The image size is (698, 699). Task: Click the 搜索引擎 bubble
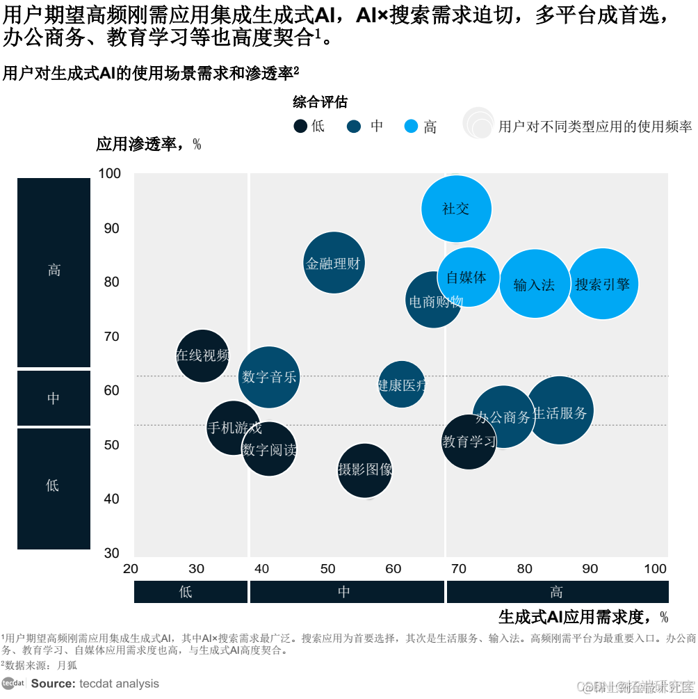tap(603, 284)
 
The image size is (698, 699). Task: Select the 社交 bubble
tap(457, 209)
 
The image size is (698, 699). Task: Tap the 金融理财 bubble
tap(334, 263)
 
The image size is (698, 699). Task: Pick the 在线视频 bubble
tap(202, 356)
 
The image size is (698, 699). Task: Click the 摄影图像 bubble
tap(365, 470)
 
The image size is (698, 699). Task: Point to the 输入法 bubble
tap(534, 284)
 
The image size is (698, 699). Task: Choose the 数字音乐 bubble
tap(269, 377)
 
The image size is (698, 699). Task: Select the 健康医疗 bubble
tap(402, 384)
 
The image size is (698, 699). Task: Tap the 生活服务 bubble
tap(560, 411)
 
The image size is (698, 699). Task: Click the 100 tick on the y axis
tap(110, 173)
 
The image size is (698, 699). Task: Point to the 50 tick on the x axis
tap(327, 569)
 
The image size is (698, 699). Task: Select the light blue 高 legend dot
tap(411, 126)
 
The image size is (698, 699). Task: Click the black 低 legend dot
tap(300, 126)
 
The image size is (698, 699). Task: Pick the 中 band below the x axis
tap(346, 592)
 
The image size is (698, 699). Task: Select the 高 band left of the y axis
tap(54, 271)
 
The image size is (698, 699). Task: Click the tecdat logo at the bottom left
tap(13, 684)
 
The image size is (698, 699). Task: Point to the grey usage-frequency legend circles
tap(478, 123)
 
